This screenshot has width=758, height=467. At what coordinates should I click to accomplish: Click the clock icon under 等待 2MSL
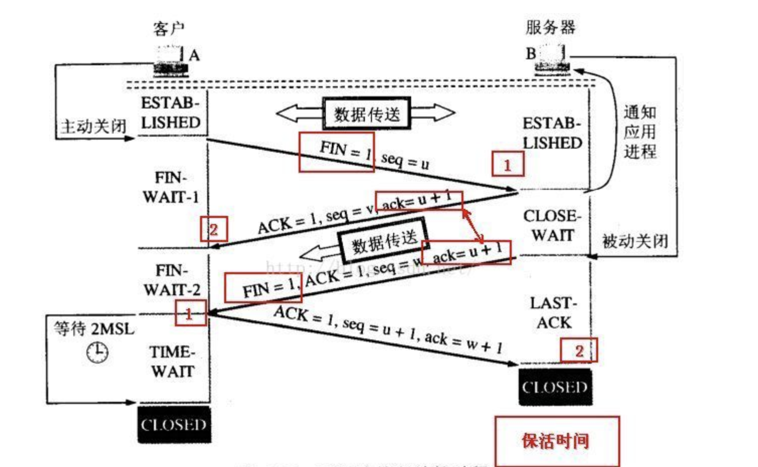point(97,352)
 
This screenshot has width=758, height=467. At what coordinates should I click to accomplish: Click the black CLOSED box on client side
point(174,425)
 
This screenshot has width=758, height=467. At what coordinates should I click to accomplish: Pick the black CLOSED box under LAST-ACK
point(555,387)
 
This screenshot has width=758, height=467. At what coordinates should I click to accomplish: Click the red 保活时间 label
point(556,441)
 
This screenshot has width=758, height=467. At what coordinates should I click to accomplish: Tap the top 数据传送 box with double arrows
point(366,113)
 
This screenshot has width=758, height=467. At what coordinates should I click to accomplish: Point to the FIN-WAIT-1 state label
point(171,187)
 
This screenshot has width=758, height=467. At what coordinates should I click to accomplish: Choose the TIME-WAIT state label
point(172,362)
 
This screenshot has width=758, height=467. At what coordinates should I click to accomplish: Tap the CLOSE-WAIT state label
point(552,225)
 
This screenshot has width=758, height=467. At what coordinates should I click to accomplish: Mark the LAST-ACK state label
point(553,312)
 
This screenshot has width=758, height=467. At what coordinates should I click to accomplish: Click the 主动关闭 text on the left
point(93,126)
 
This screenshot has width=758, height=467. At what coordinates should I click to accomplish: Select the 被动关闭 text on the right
point(635,242)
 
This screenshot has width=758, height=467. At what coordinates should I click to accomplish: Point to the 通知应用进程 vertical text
point(640,132)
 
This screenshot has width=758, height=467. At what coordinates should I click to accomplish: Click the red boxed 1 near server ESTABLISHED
point(508,164)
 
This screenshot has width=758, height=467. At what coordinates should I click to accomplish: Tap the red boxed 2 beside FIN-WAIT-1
point(214,229)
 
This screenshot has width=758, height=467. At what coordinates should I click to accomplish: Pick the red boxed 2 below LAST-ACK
point(579,351)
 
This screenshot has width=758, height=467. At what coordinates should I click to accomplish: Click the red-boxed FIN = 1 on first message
point(336,152)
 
